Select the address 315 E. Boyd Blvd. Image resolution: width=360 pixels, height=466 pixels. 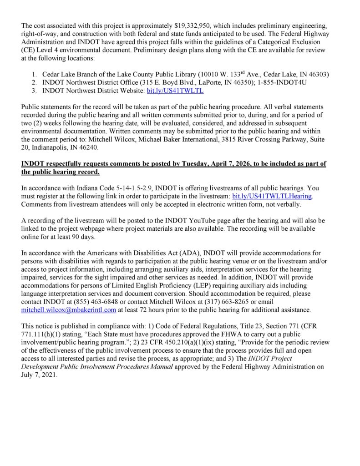point(161,82)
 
